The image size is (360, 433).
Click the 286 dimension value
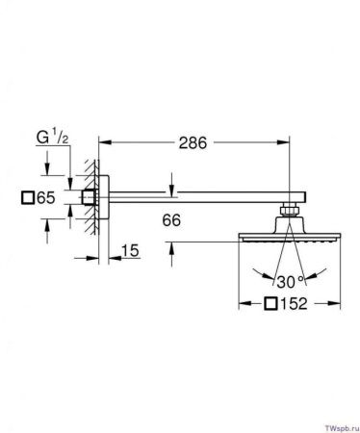pos(193,142)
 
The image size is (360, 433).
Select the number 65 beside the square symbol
pos(46,197)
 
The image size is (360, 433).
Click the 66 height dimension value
pos(171,220)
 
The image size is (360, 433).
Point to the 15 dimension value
pos(130,250)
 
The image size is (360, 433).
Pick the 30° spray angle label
pos(290,282)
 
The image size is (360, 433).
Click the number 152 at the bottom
pos(294,303)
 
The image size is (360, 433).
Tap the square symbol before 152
pos(271,303)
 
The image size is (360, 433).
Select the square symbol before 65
pos(28,197)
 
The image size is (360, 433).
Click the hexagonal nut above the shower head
pos(290,210)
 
